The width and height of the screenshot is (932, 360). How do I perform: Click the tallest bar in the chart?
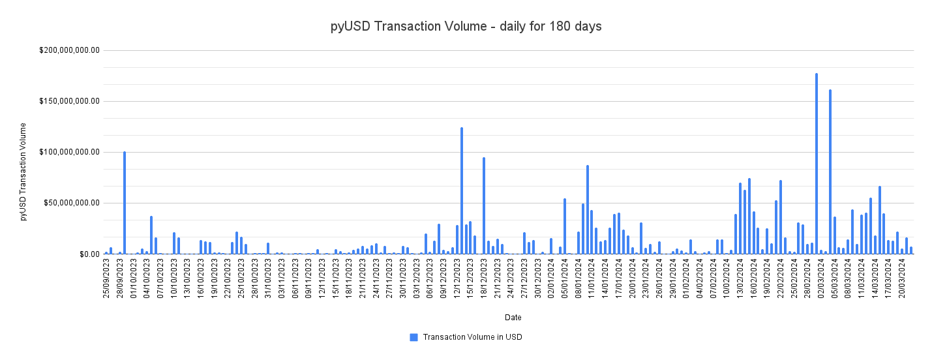[x=816, y=163]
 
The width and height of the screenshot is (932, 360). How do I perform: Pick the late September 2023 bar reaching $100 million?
[x=125, y=203]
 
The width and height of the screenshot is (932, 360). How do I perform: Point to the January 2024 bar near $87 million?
[x=587, y=209]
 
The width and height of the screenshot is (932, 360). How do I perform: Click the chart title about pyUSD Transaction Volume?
[x=466, y=27]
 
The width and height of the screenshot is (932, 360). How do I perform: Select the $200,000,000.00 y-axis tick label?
[x=69, y=50]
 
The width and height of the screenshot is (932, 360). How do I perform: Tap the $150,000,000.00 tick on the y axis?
[x=69, y=101]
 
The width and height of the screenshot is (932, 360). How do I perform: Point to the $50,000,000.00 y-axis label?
[x=71, y=203]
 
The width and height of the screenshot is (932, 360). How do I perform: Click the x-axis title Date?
[x=513, y=318]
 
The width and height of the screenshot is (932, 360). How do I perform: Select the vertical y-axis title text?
[x=23, y=171]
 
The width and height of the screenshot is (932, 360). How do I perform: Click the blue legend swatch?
[x=413, y=337]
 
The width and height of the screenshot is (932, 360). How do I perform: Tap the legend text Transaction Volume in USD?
[x=472, y=337]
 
